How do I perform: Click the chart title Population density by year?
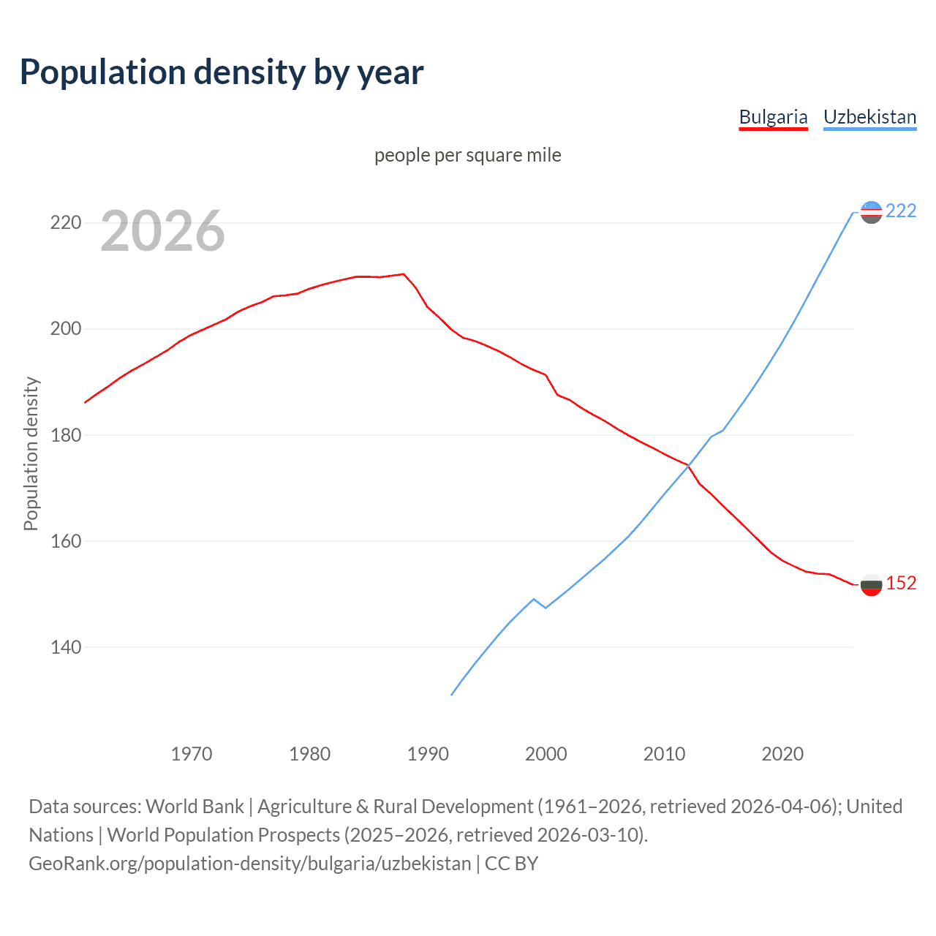222,72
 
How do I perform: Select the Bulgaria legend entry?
773,117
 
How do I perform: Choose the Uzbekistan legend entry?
869,117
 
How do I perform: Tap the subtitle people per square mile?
467,155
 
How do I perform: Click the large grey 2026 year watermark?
162,231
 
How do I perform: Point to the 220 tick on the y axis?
65,222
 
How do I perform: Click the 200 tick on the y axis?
65,329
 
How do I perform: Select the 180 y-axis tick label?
65,435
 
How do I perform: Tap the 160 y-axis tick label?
65,541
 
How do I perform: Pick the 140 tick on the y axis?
65,647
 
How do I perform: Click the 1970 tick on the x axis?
192,754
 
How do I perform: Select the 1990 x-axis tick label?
428,754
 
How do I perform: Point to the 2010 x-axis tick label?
664,754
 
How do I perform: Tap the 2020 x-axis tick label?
782,754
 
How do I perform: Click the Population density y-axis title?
31,453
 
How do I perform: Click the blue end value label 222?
900,211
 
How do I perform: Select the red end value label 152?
900,583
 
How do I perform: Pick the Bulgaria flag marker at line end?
871,584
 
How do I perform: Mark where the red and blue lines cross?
688,465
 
